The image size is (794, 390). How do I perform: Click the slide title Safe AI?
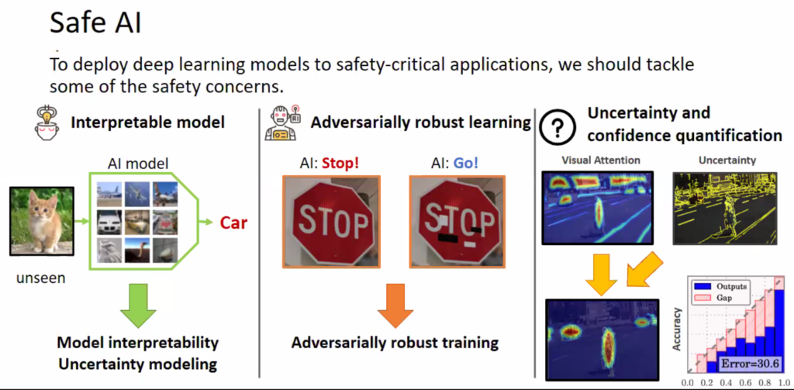point(95,24)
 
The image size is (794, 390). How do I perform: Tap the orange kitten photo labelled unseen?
point(42,221)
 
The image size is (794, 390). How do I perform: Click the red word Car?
point(233,223)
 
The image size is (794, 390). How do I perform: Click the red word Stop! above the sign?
point(340,164)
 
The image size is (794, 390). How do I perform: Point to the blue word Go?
point(465,164)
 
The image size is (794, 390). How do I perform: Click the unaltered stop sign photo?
point(331,221)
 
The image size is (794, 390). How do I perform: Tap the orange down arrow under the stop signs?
point(396,305)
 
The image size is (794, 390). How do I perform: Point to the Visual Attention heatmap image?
point(597,208)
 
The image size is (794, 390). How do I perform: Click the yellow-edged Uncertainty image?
point(724,208)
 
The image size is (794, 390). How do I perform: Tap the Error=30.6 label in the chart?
point(750,364)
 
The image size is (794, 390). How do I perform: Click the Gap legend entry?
point(714,298)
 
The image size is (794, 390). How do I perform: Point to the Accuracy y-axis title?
point(676,329)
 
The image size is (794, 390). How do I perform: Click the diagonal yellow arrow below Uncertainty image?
point(645,269)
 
